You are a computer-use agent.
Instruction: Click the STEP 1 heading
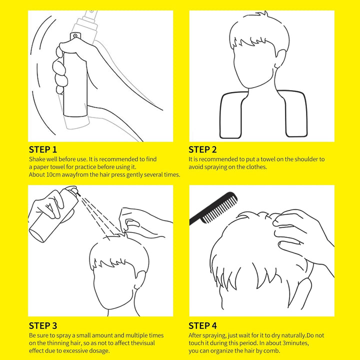[x=43, y=149]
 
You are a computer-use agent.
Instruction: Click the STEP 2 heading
[x=202, y=149]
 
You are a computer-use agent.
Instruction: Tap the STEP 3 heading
[x=43, y=325]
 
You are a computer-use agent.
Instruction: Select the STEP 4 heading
[x=203, y=325]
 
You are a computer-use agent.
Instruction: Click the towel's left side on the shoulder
[x=230, y=115]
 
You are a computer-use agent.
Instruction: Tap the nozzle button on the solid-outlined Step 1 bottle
[x=75, y=36]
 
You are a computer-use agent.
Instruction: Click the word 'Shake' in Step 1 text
[x=37, y=159]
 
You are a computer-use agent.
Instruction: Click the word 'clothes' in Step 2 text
[x=256, y=166]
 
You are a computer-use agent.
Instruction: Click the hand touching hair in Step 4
[x=300, y=227]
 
